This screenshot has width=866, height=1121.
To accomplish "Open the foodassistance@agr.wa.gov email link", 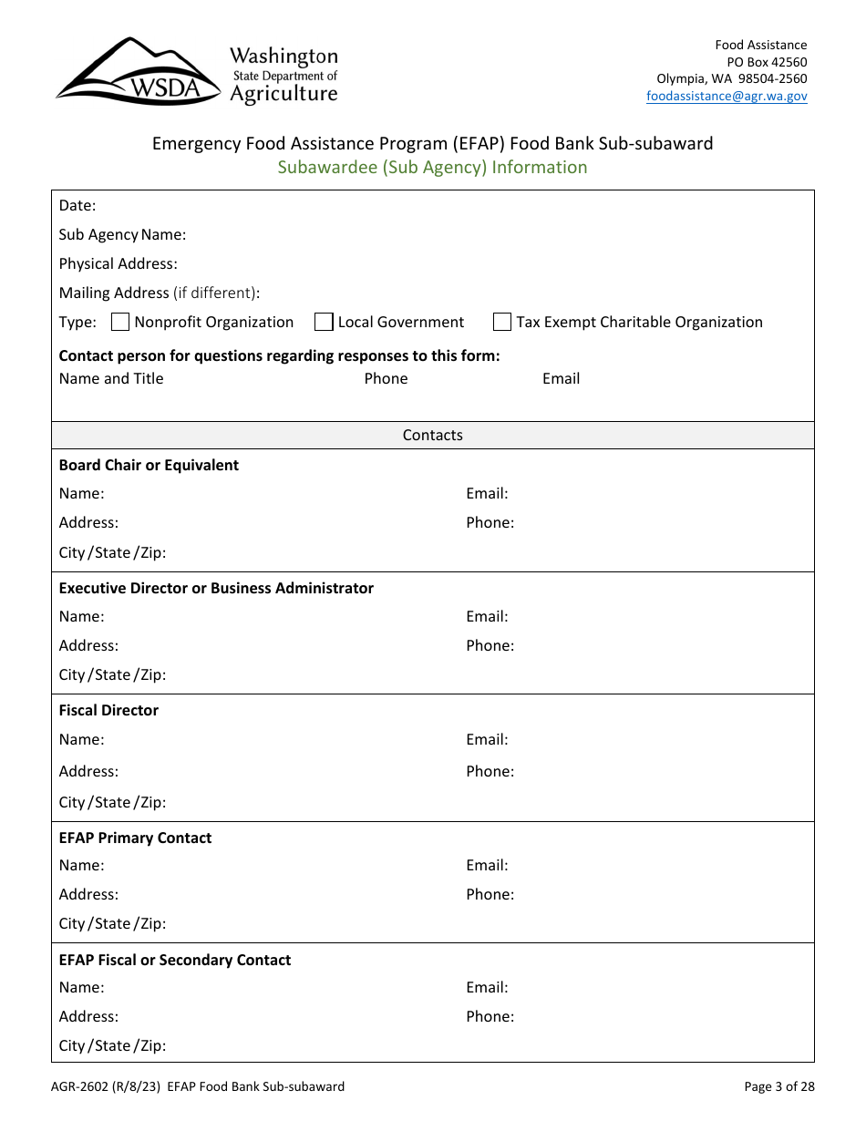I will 727,96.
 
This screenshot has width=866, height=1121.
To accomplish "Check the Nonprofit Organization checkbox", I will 120,322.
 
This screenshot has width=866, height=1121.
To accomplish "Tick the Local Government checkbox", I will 324,322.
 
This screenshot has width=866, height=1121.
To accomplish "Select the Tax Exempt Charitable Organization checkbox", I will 502,322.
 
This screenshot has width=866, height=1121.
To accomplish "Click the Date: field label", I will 77,206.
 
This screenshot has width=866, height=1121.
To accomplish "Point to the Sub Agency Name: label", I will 122,234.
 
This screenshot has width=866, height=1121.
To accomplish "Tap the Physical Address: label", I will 118,263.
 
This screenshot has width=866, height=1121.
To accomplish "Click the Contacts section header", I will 432,436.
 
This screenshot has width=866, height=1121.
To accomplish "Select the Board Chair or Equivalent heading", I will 149,465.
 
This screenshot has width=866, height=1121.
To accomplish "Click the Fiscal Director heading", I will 108,710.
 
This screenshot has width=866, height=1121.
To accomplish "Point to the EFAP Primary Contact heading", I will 135,838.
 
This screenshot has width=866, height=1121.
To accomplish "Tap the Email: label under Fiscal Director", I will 487,739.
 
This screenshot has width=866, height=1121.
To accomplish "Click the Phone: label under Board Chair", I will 490,522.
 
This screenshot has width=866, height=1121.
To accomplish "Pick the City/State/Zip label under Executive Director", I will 112,674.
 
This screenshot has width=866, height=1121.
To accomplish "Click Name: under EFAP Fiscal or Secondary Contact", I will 81,987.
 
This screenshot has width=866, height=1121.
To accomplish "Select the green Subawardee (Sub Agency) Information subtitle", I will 432,167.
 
